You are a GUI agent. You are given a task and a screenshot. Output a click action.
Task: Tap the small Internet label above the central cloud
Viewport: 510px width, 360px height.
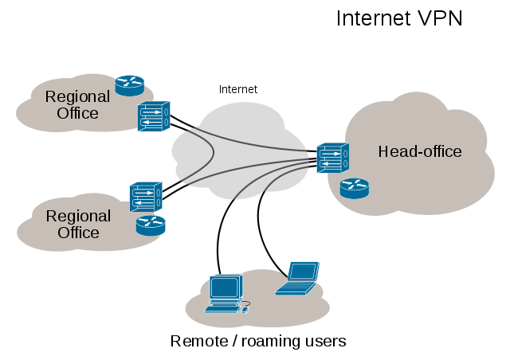click(238, 89)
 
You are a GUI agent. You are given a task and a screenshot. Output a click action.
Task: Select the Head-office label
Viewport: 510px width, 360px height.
click(420, 151)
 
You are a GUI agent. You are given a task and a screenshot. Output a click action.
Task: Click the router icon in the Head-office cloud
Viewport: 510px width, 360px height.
click(354, 188)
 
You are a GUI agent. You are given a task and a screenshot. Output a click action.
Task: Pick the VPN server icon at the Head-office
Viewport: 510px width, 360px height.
click(331, 158)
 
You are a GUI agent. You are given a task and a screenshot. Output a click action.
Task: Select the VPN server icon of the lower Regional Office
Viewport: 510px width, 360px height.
click(145, 196)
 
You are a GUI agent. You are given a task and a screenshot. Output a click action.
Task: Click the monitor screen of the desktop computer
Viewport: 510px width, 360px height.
click(222, 287)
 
